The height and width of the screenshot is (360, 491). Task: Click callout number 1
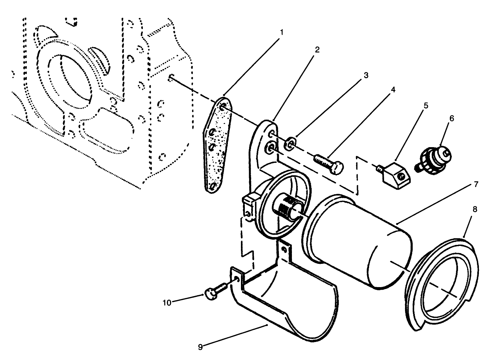tap(281, 33)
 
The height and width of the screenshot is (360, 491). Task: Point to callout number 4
tap(393, 90)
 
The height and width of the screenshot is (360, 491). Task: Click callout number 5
tap(426, 106)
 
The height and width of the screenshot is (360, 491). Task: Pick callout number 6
tap(451, 118)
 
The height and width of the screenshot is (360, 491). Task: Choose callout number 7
tap(476, 184)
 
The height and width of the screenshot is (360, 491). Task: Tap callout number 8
tap(475, 209)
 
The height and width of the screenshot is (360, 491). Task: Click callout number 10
tap(167, 303)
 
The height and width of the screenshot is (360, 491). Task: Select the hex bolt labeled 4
tap(329, 163)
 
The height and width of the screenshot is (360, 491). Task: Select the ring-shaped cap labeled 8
tap(441, 281)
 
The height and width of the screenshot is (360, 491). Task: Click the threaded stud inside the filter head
tap(288, 207)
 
